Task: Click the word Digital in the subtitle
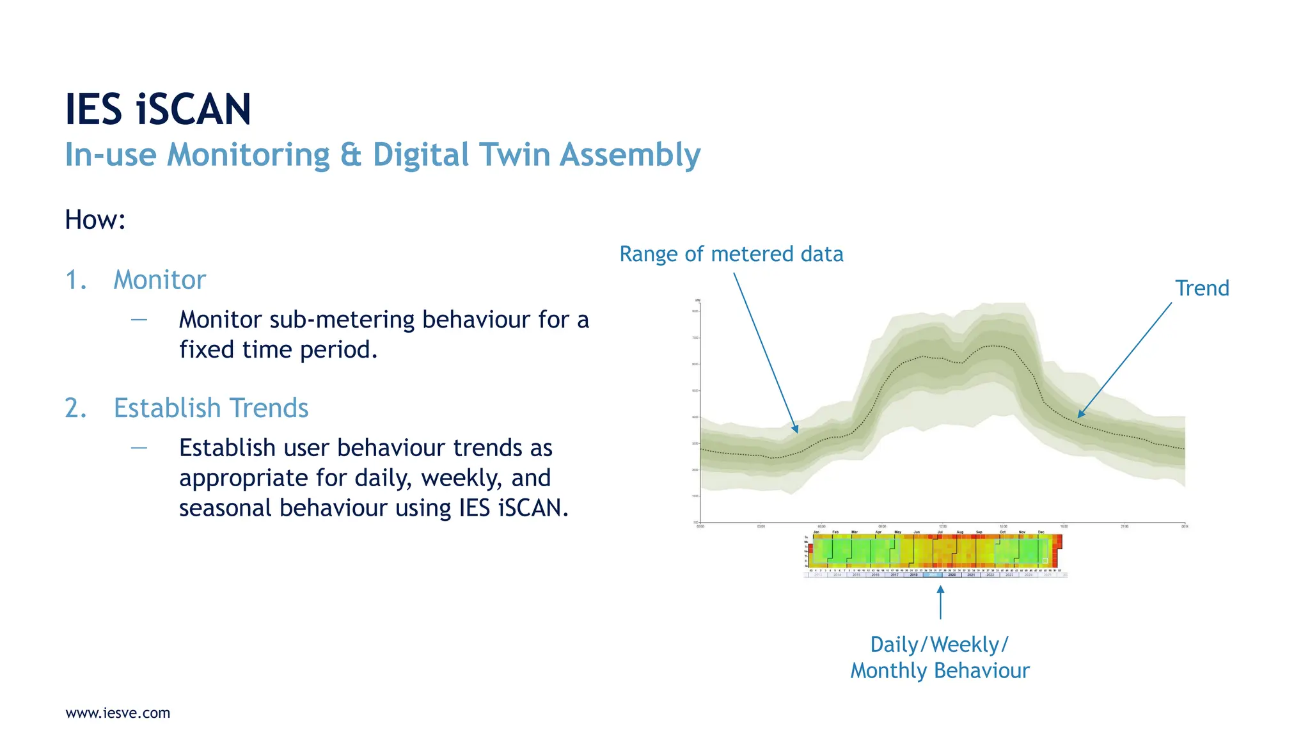click(421, 155)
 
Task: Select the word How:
click(95, 220)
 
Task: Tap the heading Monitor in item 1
click(159, 280)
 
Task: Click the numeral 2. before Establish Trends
click(76, 408)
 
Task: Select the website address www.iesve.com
click(118, 713)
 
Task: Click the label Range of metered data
click(731, 254)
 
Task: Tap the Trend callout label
click(1202, 288)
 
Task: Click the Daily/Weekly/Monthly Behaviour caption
click(940, 657)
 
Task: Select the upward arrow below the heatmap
click(940, 603)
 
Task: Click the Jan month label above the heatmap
click(816, 532)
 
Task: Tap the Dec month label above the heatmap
click(1041, 532)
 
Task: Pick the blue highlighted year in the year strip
click(933, 575)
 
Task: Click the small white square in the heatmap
click(1045, 560)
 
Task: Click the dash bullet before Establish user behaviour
click(139, 448)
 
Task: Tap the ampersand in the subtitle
click(351, 155)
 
